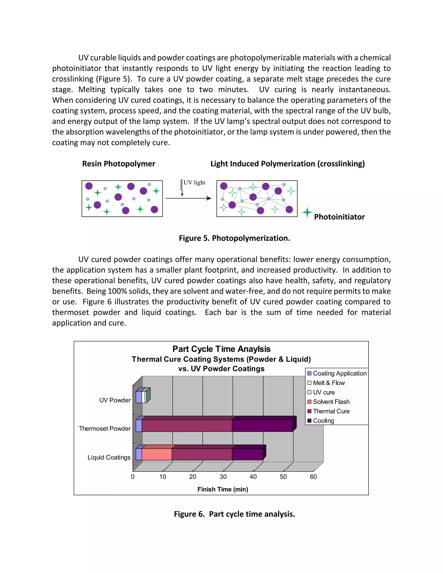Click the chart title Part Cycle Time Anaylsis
coord(221,349)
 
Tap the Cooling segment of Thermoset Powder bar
coord(262,426)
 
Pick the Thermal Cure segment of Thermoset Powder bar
coord(187,426)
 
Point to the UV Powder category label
coord(115,400)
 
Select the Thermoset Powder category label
coord(105,428)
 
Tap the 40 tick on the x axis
coord(253,477)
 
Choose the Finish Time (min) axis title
coord(223,489)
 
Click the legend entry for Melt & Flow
coord(329,383)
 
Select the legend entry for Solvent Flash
coord(331,402)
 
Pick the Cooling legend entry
coord(323,421)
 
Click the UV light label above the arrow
coord(194,182)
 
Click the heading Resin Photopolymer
coord(119,164)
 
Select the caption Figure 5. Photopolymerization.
coord(234,238)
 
